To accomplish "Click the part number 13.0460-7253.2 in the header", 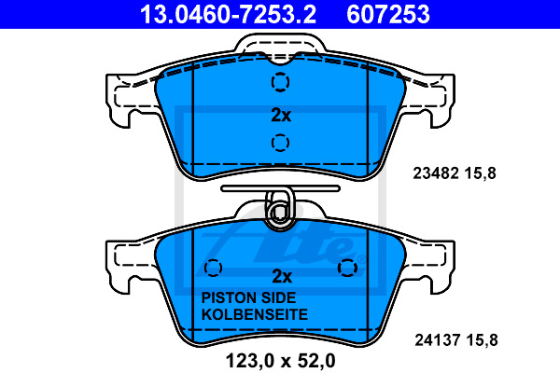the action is tap(228, 14).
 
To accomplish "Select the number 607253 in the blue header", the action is tap(388, 14).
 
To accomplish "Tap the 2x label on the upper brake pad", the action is tap(281, 115).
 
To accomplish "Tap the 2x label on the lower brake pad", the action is tap(282, 276).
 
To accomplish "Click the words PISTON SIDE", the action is tap(248, 297).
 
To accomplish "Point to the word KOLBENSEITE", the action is tap(255, 314).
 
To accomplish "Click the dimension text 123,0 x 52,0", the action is tap(280, 361).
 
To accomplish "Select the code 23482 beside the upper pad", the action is tap(436, 173).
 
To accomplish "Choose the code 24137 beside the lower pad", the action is tap(438, 340).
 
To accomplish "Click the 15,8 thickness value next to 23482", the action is tap(481, 173).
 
